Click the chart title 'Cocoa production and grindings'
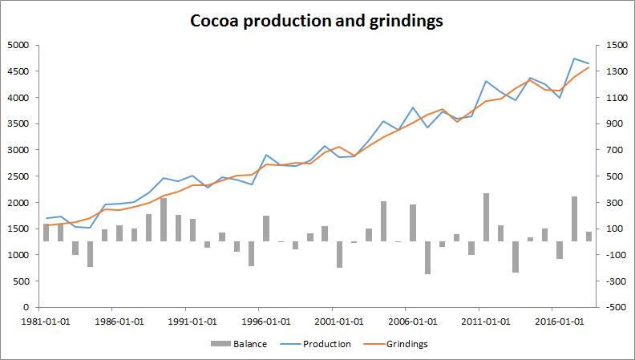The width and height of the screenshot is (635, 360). click(316, 21)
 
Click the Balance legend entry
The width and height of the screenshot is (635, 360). click(250, 344)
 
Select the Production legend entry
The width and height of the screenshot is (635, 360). click(326, 344)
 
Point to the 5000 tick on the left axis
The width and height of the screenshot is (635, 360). click(18, 45)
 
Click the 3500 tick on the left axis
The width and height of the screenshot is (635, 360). click(18, 123)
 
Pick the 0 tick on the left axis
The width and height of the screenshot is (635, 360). click(26, 307)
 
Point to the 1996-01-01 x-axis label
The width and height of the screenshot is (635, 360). click(258, 321)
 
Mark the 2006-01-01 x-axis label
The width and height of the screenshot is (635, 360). click(406, 321)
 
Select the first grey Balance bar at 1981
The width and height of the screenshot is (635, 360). click(47, 233)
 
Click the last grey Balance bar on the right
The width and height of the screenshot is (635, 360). click(589, 236)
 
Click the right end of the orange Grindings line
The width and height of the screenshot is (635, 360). click(589, 67)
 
